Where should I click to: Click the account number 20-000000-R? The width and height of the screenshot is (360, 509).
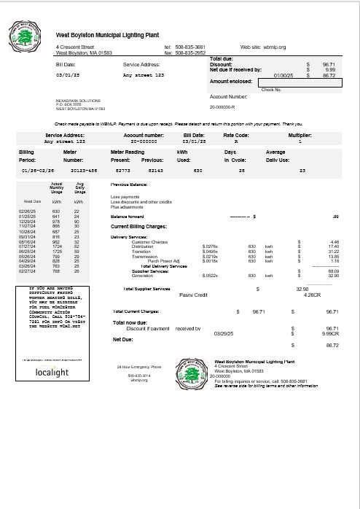pyautogui.click(x=225, y=106)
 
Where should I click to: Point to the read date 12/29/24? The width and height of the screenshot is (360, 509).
pyautogui.click(x=26, y=221)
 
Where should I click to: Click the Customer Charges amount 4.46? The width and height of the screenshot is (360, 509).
pyautogui.click(x=334, y=241)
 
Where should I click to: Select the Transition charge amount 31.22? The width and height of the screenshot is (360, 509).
pyautogui.click(x=334, y=252)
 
